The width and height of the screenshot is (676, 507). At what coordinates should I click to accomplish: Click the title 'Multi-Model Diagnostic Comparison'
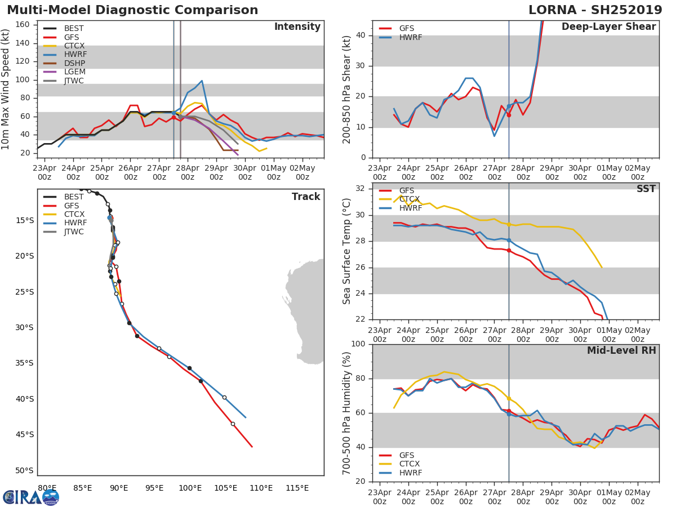(132, 10)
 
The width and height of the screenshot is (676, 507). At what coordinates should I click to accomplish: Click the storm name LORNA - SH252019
(595, 10)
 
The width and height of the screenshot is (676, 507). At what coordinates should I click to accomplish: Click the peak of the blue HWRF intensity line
(202, 81)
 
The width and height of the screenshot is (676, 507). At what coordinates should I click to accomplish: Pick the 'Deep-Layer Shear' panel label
(608, 27)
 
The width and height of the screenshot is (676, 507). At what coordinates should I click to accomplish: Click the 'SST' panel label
(646, 189)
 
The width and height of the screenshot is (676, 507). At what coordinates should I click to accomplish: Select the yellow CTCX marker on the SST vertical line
(509, 224)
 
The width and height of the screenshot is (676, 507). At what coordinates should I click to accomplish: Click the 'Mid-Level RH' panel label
(621, 350)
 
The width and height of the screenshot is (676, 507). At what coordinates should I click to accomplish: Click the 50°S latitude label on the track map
(24, 471)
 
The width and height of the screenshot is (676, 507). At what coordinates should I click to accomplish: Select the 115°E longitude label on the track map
(297, 488)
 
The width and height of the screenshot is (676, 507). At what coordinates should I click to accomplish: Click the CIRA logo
(31, 497)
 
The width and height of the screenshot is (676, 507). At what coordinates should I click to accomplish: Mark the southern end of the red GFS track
(252, 447)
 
